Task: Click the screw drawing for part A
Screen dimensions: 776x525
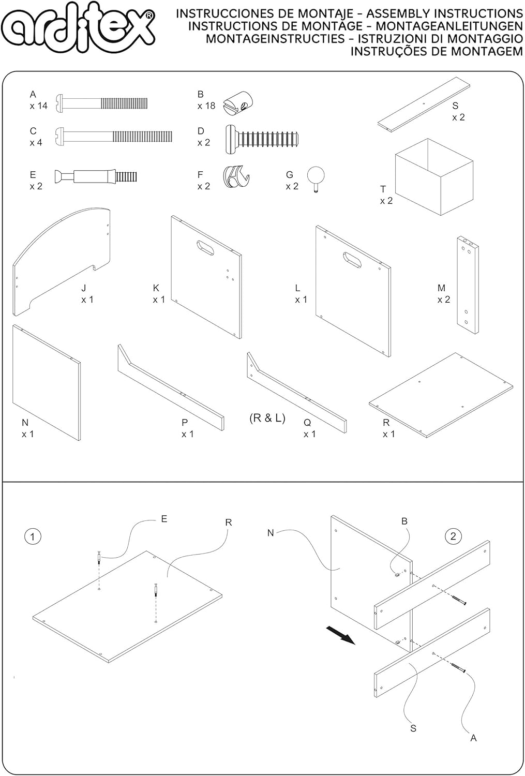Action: point(102,102)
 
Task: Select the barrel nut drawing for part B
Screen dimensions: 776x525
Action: point(238,102)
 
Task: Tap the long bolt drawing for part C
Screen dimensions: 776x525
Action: point(114,137)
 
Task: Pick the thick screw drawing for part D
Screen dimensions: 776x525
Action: point(262,139)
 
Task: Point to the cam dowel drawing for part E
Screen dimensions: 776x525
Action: point(96,176)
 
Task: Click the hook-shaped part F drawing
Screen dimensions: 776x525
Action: point(235,176)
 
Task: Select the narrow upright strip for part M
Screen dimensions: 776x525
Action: point(468,285)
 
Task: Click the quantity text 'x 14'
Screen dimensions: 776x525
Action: point(39,106)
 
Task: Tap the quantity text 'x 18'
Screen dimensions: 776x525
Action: point(206,106)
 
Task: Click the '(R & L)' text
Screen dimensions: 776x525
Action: point(267,418)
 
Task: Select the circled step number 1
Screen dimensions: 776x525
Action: point(33,536)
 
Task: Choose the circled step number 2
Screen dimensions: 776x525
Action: point(453,536)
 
